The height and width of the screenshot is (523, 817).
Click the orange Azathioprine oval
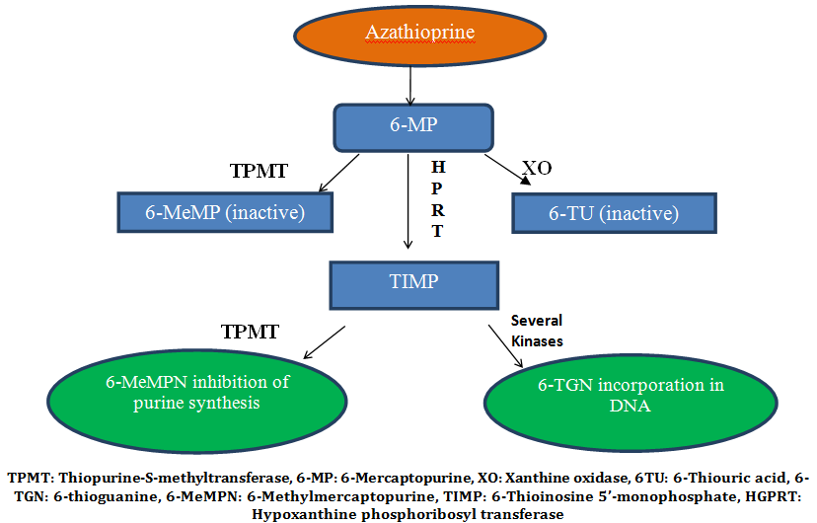(x=419, y=35)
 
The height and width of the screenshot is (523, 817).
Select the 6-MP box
(x=413, y=126)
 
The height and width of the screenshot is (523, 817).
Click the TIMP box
(x=413, y=281)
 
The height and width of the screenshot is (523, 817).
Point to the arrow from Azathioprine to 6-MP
(x=409, y=86)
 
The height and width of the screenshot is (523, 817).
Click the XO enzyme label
(x=537, y=169)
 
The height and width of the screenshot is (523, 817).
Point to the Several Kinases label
(x=537, y=329)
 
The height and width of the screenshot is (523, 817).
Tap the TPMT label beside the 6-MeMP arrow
(x=259, y=171)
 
